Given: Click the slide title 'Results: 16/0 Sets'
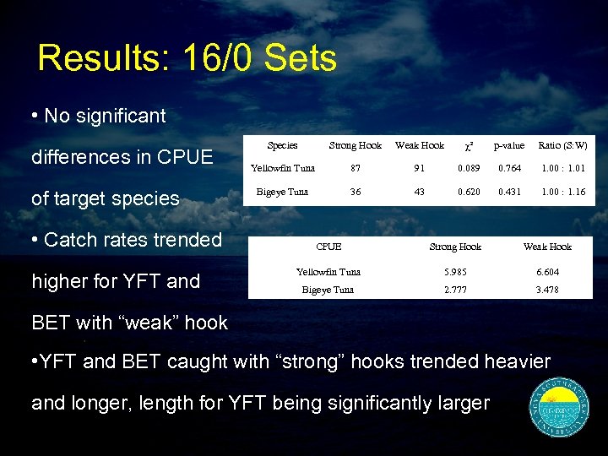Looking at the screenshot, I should coord(187,58).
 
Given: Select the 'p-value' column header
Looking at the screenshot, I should coord(509,145).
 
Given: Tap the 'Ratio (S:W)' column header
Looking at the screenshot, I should coord(563,145).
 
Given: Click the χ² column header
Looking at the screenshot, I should coord(469,145).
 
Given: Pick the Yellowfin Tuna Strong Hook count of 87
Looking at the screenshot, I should coord(356,169).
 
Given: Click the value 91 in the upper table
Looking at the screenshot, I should coord(420,169).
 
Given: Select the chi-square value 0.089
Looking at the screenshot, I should coord(469,169).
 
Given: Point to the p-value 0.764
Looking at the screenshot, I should coord(509,169).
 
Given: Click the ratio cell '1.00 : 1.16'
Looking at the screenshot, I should coord(563,192).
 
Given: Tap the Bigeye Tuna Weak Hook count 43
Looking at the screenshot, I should coord(420,192).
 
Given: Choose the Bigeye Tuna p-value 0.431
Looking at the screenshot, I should coord(509,192).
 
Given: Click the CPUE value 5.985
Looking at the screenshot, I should coord(455,272).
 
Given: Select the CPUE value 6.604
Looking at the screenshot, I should coord(547,272).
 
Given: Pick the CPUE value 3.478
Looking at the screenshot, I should coord(547,290).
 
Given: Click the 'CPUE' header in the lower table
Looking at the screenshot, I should coord(328,247).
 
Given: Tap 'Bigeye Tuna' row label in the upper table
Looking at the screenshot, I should coord(282,192).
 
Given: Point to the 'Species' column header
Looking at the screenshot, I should coord(282,145).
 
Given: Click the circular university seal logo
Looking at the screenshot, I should coord(561,408).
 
